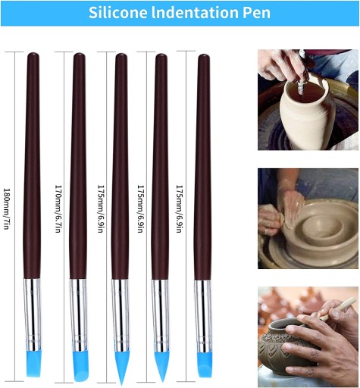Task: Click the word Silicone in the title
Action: pos(117,12)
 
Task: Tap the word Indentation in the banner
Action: pos(195,12)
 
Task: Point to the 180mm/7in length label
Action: pos(7,208)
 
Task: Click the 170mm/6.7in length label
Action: pos(58,208)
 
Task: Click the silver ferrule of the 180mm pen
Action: pos(33,314)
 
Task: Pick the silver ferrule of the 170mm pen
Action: pos(79,315)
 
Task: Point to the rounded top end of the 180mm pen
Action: pos(33,55)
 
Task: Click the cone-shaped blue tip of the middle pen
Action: pos(122,368)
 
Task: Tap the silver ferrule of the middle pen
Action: pos(121,316)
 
